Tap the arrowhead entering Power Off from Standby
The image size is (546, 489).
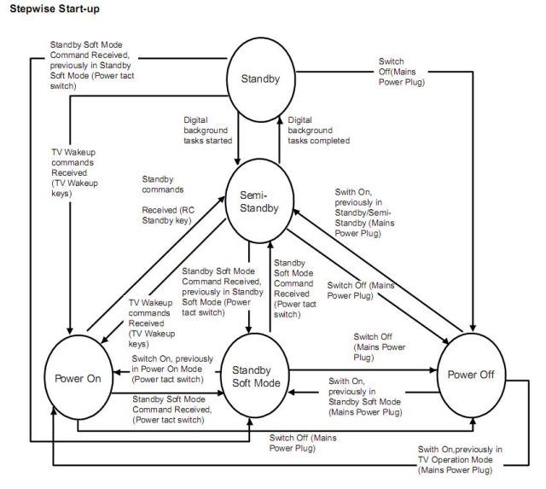tap(474, 331)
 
